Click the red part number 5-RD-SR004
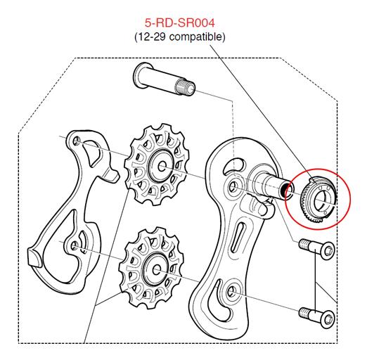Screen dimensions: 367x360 180,23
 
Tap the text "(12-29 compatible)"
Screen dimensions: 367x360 180,37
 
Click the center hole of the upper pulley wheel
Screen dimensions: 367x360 162,167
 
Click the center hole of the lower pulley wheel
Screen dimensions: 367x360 156,269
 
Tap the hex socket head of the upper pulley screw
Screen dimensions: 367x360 328,250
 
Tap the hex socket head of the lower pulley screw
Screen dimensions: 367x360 327,319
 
